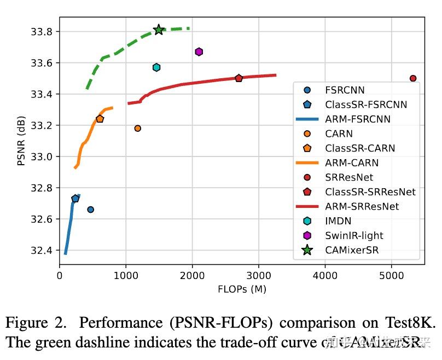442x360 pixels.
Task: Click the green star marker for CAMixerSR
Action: [159, 30]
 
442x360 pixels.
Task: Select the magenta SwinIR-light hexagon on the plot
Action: [199, 51]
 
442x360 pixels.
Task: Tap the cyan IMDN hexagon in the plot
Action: [156, 67]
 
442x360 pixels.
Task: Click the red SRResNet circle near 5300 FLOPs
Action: [413, 78]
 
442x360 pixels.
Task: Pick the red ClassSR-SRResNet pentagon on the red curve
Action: [239, 78]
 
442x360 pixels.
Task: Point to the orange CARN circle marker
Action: [137, 128]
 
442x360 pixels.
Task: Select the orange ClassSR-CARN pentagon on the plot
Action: [100, 119]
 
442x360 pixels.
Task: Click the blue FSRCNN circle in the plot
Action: [90, 210]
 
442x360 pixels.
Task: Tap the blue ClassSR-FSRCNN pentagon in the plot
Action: [75, 199]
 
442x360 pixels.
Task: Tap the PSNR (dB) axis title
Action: [21, 141]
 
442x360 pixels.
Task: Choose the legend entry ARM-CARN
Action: [351, 162]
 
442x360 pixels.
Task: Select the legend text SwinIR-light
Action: [354, 235]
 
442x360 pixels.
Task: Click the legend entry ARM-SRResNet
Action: [362, 206]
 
